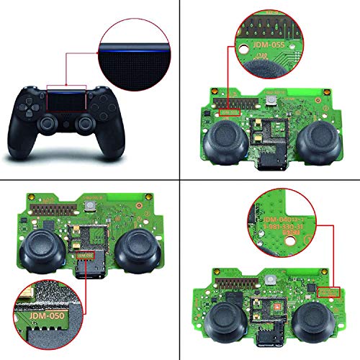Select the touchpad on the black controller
coord(71,99)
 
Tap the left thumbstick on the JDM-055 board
coord(222,144)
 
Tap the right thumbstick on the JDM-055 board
coord(316,144)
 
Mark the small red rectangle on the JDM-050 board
coord(85,256)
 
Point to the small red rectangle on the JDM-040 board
coord(328,292)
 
